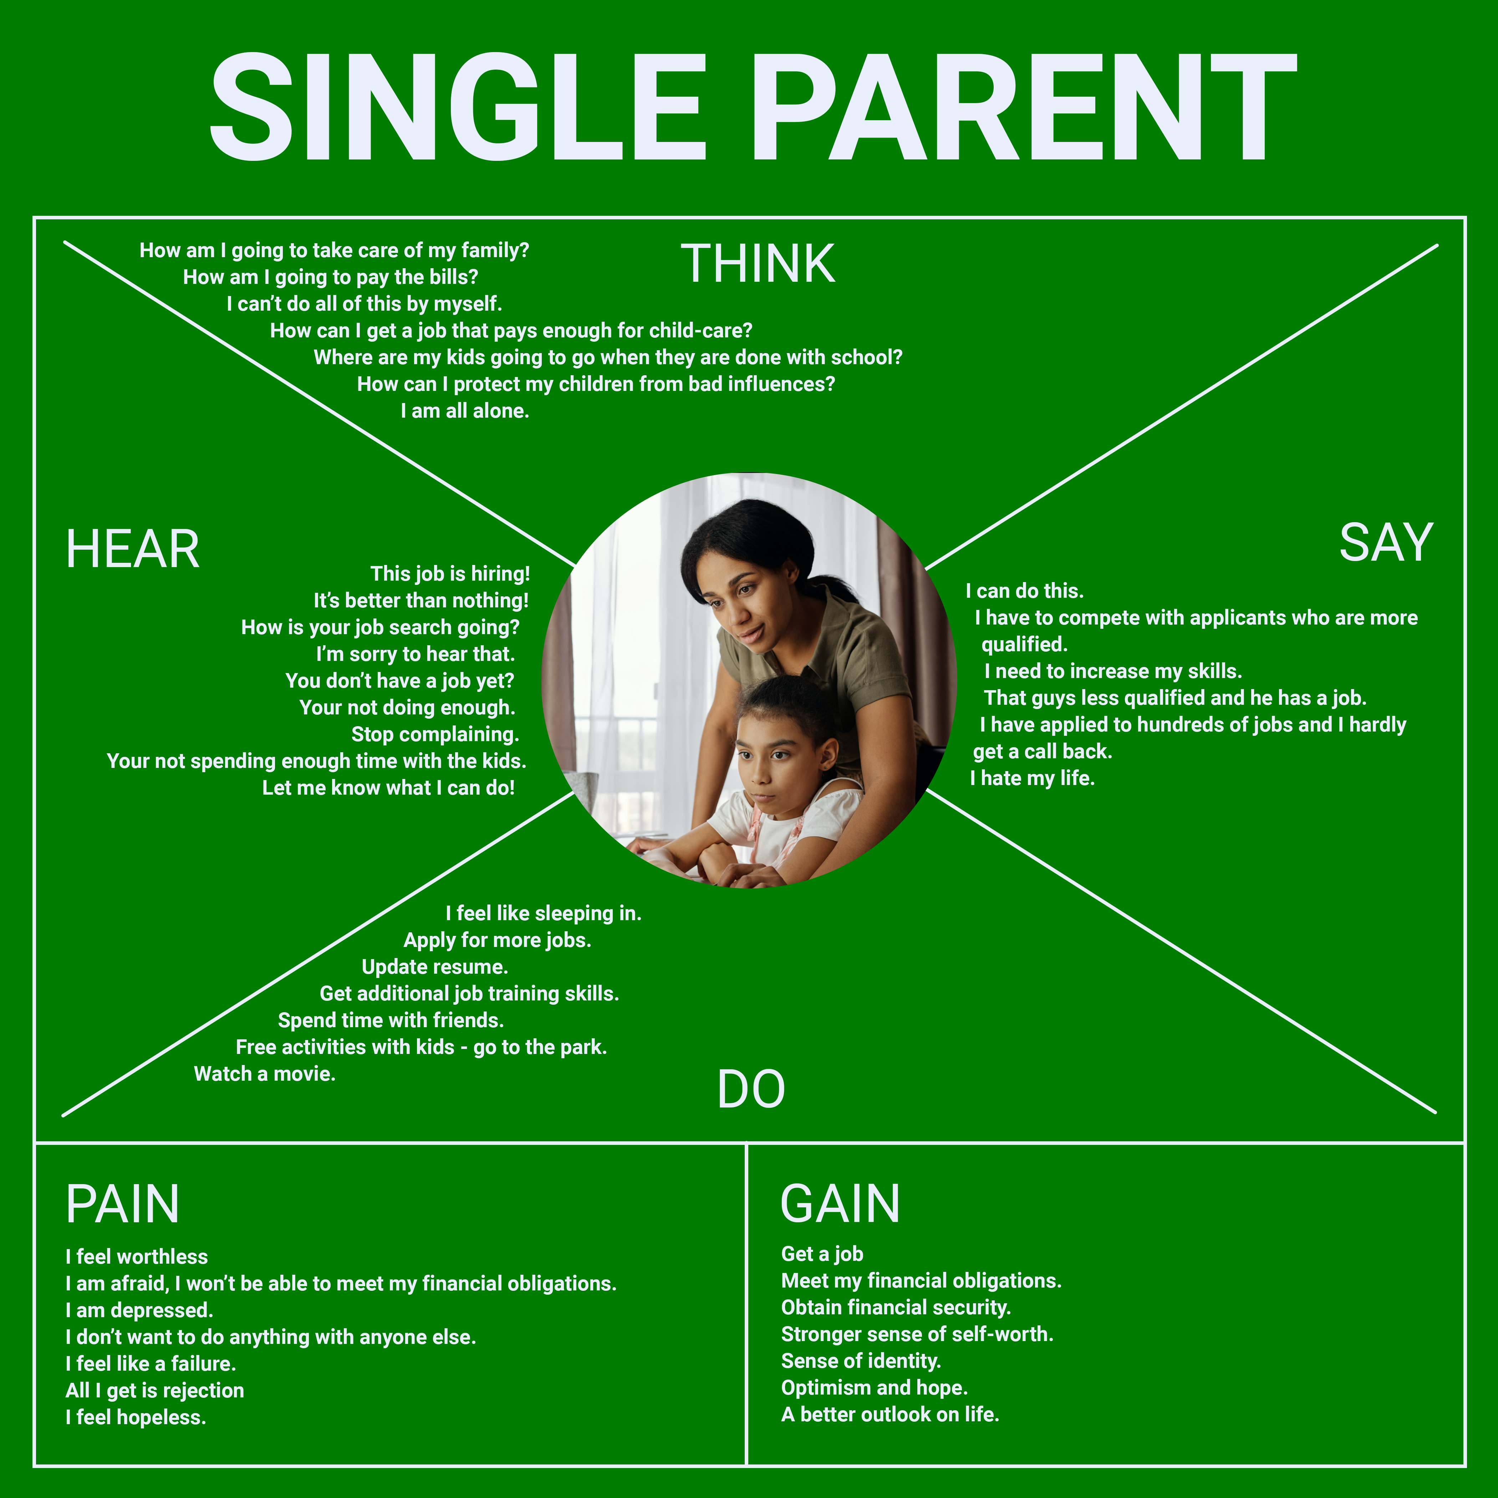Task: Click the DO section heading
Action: pos(750,1089)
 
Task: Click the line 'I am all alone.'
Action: pos(464,411)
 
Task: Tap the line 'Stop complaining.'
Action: pos(435,734)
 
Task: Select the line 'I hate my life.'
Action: pos(1032,778)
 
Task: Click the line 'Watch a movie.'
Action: pos(264,1074)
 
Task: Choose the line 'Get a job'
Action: pos(822,1254)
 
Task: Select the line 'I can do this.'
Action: pos(1024,591)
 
